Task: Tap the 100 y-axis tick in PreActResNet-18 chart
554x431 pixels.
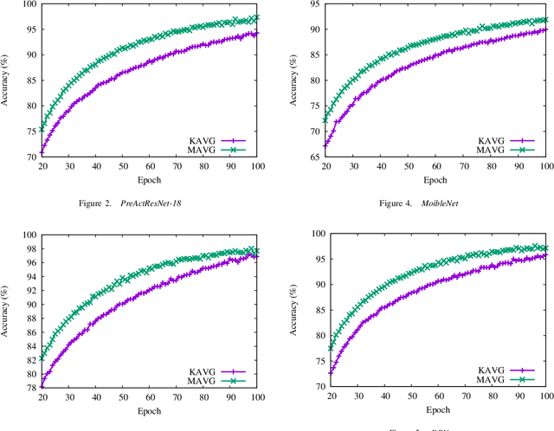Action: (29, 5)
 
